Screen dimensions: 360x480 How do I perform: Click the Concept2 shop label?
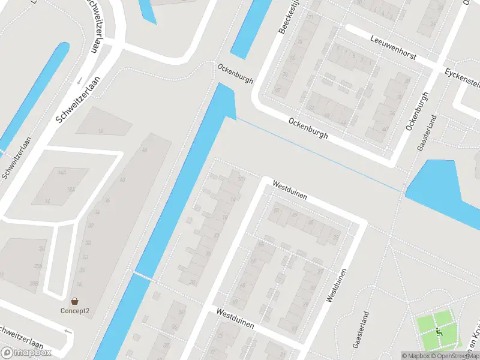click(74, 310)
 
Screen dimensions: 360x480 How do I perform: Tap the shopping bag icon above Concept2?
click(74, 301)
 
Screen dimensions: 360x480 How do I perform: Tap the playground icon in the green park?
click(440, 332)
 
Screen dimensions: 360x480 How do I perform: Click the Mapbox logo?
click(26, 353)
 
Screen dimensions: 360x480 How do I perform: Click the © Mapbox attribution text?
click(414, 356)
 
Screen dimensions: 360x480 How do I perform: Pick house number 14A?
click(62, 171)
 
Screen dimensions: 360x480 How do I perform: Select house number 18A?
click(71, 190)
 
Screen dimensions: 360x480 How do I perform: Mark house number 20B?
click(38, 283)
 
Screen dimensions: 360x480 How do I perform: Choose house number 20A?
click(38, 266)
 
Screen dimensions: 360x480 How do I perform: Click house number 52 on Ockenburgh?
click(310, 107)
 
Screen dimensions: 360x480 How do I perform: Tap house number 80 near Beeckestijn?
click(277, 90)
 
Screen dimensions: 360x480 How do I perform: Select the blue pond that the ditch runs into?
click(444, 186)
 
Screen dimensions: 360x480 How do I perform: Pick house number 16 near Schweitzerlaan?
click(100, 130)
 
